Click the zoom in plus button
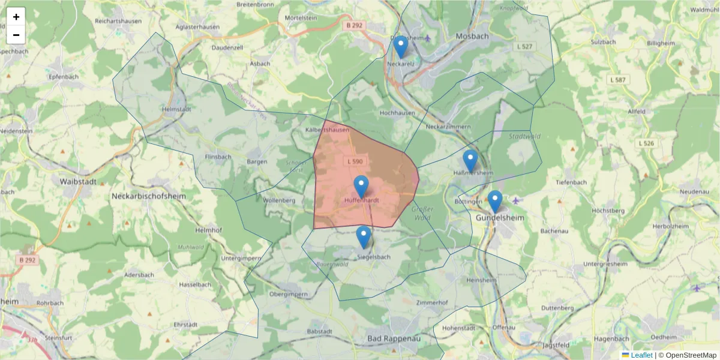[x=16, y=17]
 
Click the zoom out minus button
[x=16, y=35]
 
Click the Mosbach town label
[x=472, y=36]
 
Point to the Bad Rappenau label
[x=394, y=338]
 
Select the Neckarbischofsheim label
[x=149, y=196]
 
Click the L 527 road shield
[x=524, y=46]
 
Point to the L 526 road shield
[x=646, y=143]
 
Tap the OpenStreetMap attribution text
[x=691, y=355]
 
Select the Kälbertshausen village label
[x=328, y=130]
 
